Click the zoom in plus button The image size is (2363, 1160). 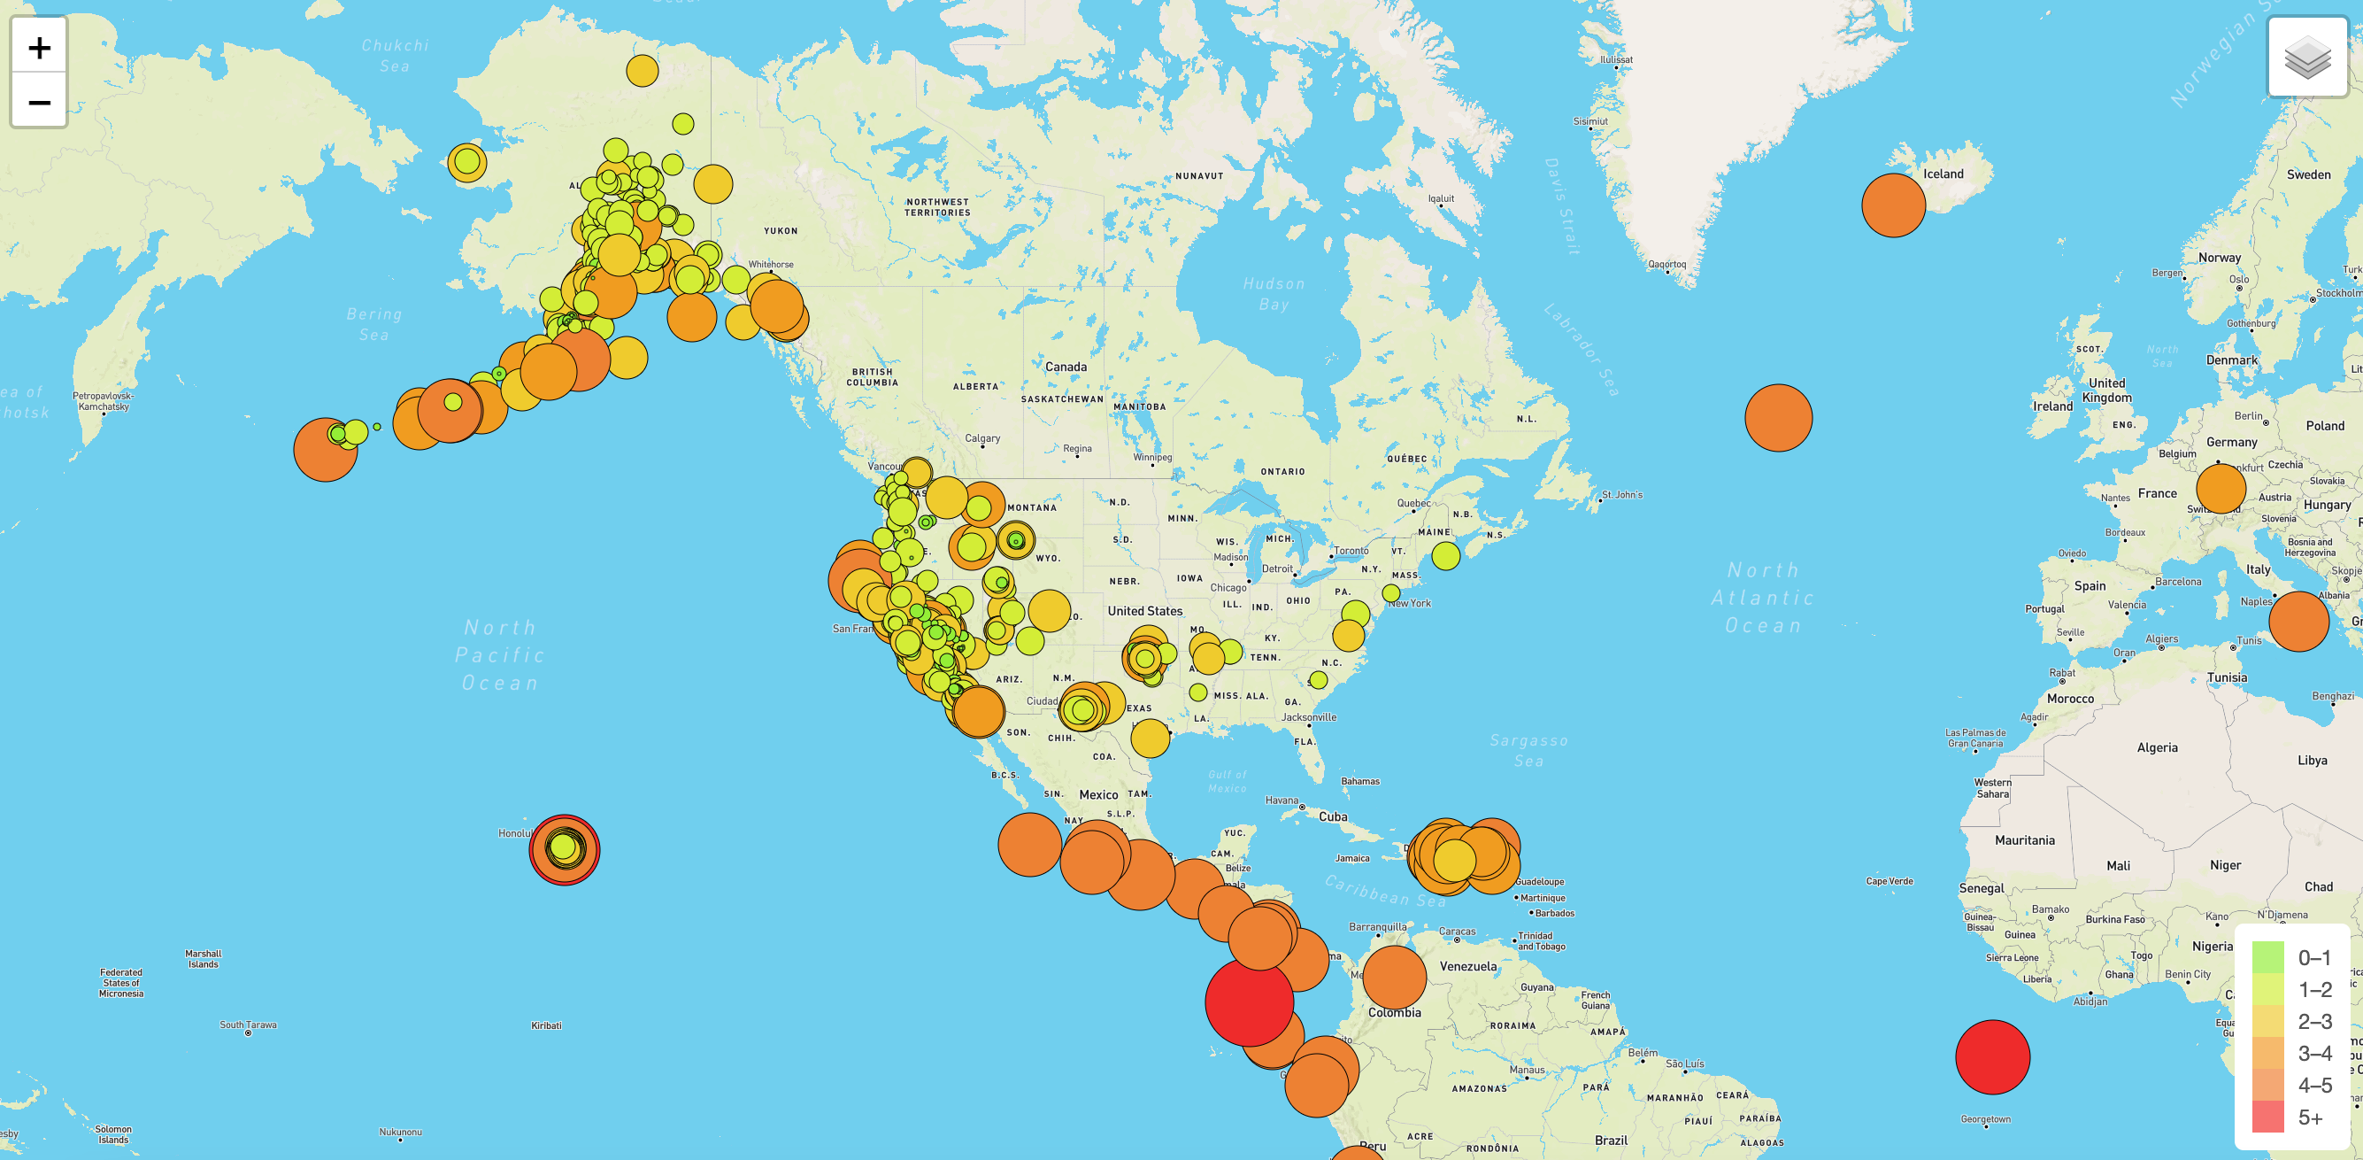pos(39,47)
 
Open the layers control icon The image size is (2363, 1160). pos(2307,57)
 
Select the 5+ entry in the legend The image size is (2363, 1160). pos(2292,1117)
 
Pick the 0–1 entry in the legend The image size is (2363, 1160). pos(2292,957)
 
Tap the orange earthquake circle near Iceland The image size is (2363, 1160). pos(1893,205)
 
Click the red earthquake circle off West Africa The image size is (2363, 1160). pos(1992,1057)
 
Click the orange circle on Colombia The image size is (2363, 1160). pos(1394,977)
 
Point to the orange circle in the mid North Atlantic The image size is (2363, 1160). pos(1779,418)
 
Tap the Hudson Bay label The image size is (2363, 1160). pos(1274,294)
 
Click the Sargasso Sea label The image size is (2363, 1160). pos(1528,750)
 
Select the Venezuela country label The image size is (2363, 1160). pos(1467,966)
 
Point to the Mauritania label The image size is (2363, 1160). pos(2025,839)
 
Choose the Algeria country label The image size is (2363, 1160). pos(2157,747)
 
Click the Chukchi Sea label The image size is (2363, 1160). pos(395,55)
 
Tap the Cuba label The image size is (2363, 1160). pos(1333,816)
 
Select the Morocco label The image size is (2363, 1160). pos(2070,699)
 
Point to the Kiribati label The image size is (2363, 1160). pos(547,1025)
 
